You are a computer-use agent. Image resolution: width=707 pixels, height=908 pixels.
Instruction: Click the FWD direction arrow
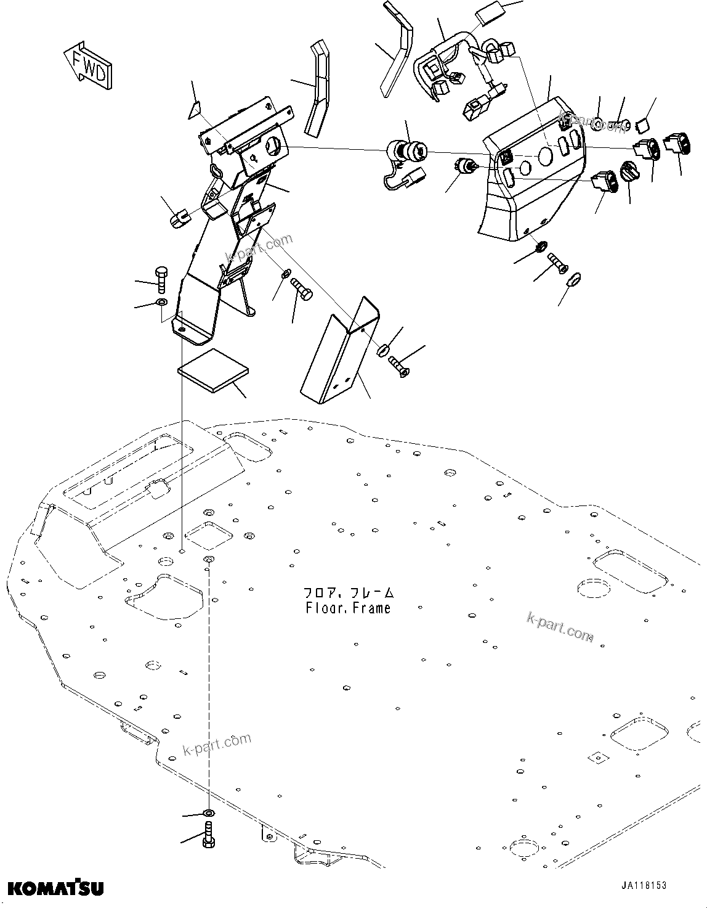pos(89,66)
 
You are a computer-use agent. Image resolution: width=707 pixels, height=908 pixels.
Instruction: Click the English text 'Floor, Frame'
pos(348,608)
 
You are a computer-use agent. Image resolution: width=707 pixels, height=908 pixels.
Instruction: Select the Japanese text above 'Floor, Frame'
pos(348,593)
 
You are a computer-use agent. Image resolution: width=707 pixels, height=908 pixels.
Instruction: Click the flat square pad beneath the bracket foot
pos(213,370)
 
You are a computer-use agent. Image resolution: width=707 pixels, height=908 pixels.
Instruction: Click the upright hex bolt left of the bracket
pos(161,279)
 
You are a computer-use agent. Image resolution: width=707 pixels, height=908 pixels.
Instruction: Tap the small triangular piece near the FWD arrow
pos(195,110)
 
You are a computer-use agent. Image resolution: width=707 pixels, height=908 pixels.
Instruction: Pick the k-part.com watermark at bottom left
pos(217,745)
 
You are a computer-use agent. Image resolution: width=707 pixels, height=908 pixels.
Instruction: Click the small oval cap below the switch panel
pos(574,280)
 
